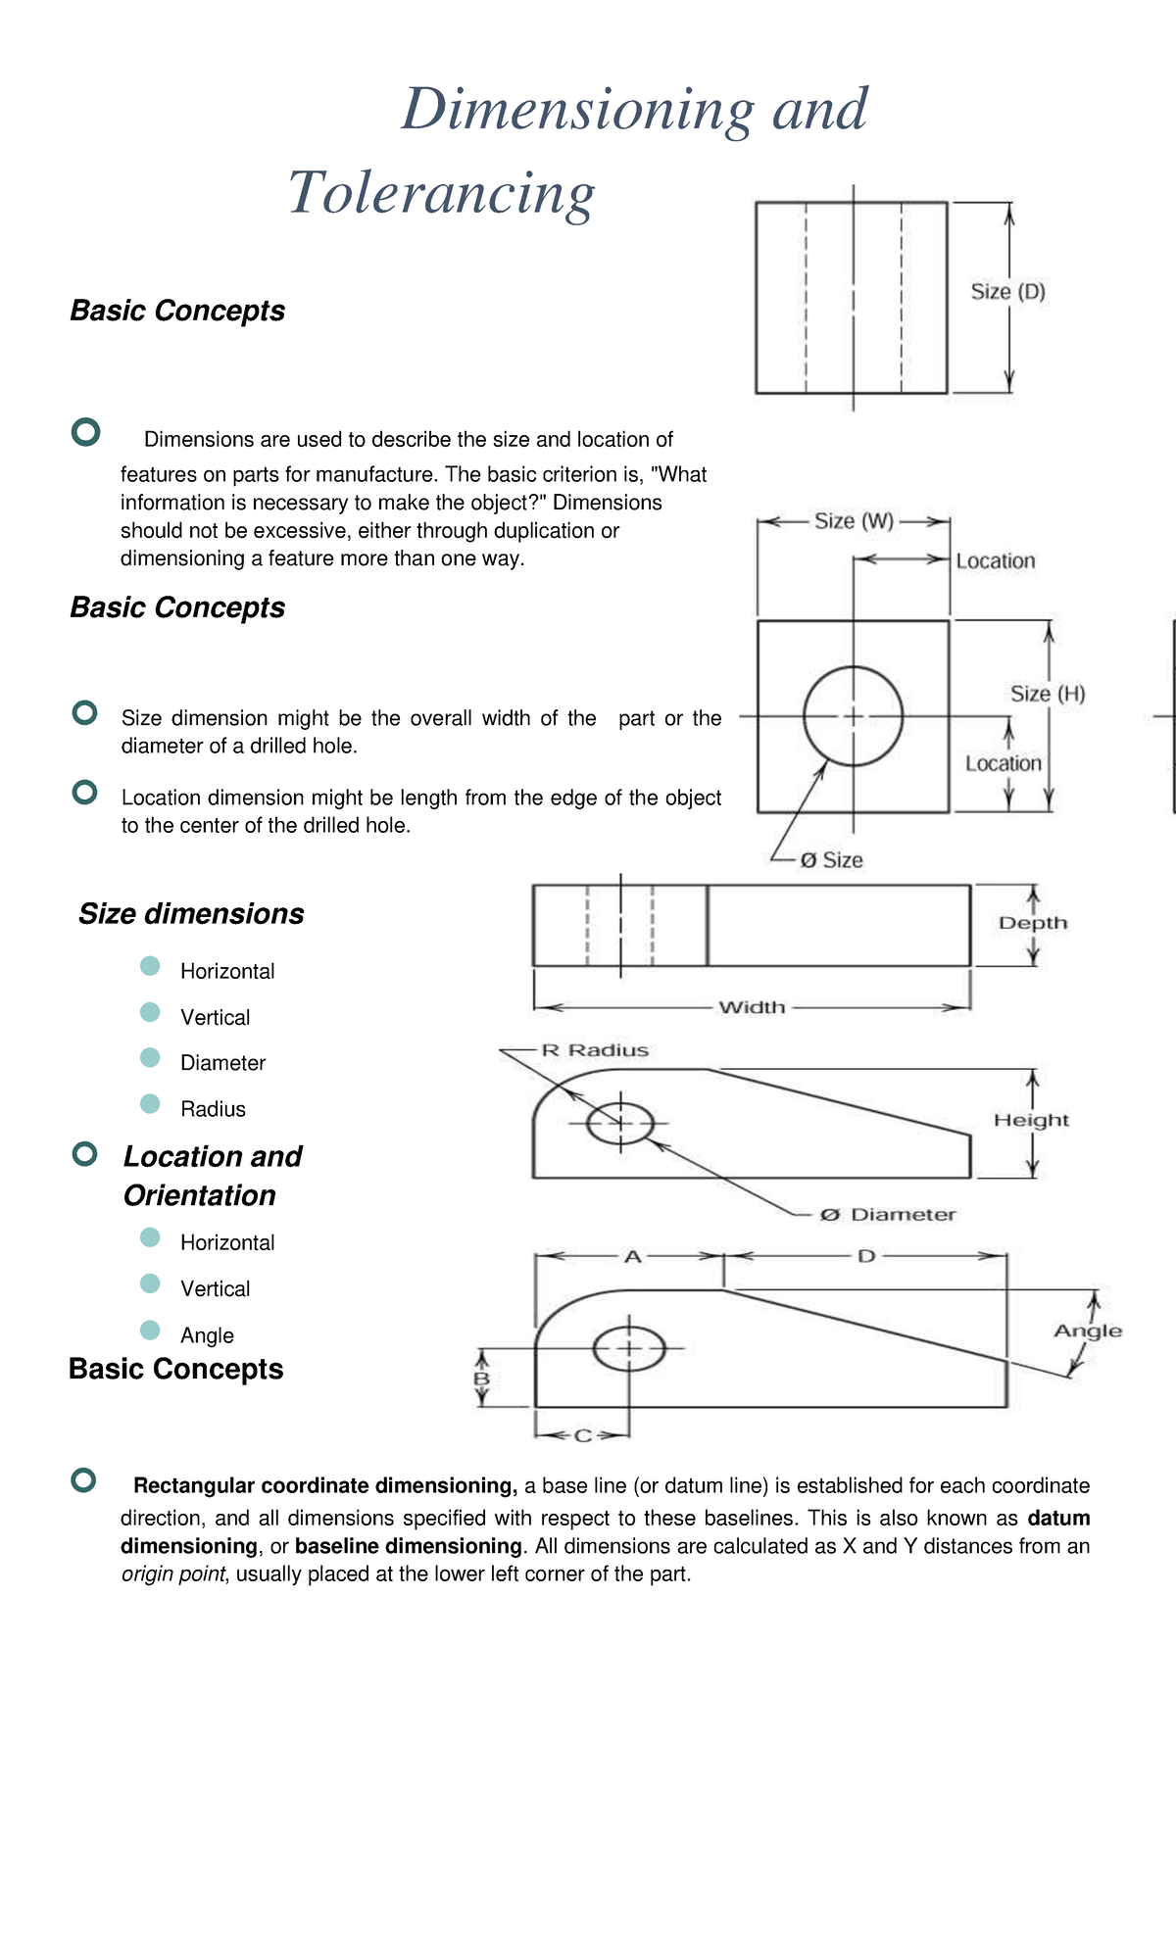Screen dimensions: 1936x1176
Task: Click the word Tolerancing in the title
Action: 441,193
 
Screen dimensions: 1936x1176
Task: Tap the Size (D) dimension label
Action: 1007,291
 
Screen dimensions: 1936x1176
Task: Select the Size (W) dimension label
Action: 854,521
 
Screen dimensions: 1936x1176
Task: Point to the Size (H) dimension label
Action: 1048,694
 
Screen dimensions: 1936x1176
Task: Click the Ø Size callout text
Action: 831,860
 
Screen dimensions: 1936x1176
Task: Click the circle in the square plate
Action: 854,716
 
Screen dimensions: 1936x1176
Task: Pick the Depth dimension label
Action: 1032,923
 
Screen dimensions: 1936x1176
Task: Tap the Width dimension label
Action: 752,1007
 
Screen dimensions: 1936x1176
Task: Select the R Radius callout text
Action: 595,1050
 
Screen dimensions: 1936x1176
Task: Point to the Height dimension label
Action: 1031,1120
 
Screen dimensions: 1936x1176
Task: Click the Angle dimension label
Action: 1088,1331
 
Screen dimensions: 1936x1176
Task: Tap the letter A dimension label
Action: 633,1256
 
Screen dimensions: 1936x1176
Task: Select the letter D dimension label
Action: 866,1256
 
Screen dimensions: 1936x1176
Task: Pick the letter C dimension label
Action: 582,1435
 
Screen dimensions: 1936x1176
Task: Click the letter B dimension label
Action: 481,1379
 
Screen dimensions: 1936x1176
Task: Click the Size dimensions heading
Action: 191,914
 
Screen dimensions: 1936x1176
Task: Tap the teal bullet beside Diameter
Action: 150,1058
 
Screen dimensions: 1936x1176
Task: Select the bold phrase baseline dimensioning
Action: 408,1546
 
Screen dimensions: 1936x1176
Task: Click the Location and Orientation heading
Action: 212,1176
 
